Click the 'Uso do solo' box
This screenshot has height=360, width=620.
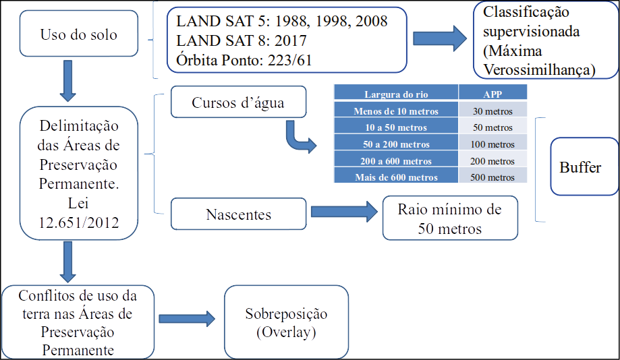pyautogui.click(x=79, y=34)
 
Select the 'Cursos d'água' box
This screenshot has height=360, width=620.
pyautogui.click(x=238, y=103)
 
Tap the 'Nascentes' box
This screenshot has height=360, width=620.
pyautogui.click(x=238, y=215)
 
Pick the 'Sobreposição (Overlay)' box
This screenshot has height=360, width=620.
pyautogui.click(x=286, y=322)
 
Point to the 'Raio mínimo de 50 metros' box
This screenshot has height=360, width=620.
pyautogui.click(x=450, y=218)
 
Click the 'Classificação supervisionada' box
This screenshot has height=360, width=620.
pyautogui.click(x=546, y=41)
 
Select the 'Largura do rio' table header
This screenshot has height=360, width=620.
pyautogui.click(x=396, y=94)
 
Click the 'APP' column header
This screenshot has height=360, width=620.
pyautogui.click(x=492, y=94)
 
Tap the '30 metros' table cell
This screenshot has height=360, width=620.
pyautogui.click(x=492, y=111)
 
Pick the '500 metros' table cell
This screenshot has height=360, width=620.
pyautogui.click(x=492, y=177)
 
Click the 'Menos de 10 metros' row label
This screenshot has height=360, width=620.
pyautogui.click(x=396, y=111)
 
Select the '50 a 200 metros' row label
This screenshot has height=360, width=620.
pyautogui.click(x=396, y=144)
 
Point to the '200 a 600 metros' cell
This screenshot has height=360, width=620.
pyautogui.click(x=396, y=160)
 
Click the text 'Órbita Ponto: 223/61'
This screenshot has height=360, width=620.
pyautogui.click(x=244, y=59)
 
